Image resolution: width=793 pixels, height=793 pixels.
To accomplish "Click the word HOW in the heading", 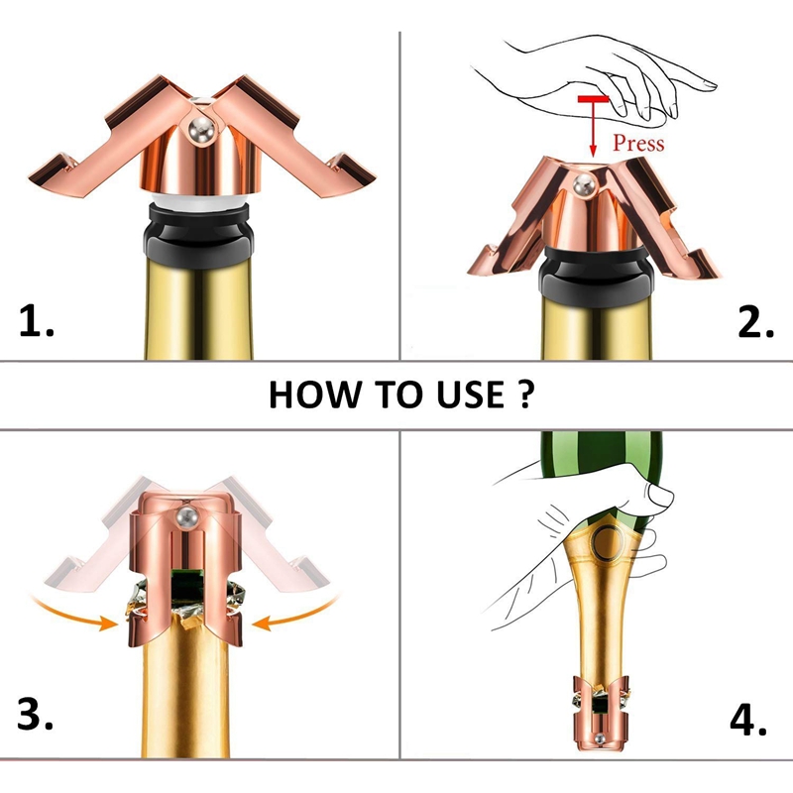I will [306, 395].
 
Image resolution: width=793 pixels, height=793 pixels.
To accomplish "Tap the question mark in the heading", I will [526, 395].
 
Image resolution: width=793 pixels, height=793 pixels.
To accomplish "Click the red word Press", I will [637, 143].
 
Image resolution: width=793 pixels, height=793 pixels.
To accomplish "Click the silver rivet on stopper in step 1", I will [201, 130].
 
